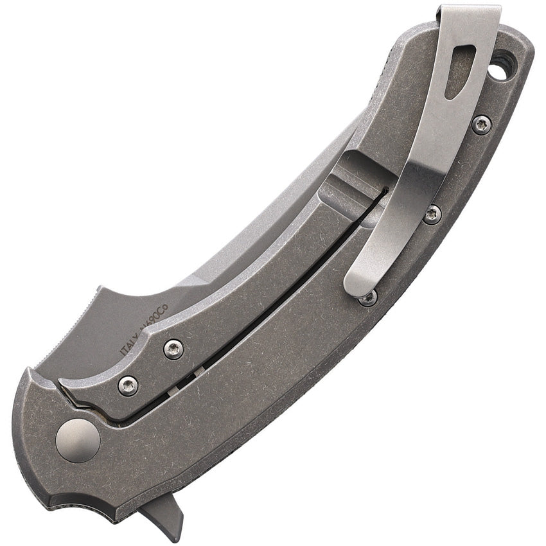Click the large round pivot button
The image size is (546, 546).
click(78, 440)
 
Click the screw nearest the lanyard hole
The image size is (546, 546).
click(481, 124)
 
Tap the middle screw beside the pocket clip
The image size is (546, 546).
click(432, 214)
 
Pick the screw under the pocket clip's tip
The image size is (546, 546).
click(367, 297)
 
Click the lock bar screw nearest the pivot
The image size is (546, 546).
click(128, 385)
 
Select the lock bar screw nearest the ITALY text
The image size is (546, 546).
click(173, 349)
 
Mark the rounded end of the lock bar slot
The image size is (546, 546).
click(384, 191)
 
